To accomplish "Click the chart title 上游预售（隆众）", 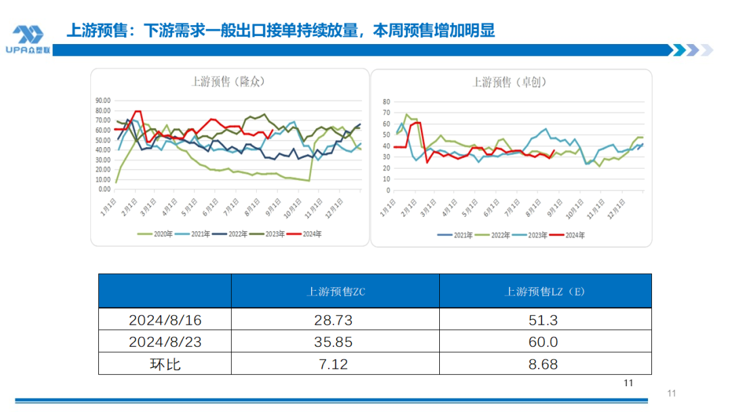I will (228, 81).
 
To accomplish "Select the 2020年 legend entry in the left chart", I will (157, 234).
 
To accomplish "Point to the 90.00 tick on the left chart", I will (102, 100).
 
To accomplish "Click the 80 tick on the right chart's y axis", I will (387, 102).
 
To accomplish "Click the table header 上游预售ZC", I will (335, 291).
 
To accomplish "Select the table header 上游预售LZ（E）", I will (545, 291).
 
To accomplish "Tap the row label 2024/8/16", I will (165, 320).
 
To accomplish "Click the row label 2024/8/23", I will (165, 342).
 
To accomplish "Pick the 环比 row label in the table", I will (165, 364).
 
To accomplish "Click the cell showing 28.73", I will (335, 320).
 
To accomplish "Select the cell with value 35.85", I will (335, 342).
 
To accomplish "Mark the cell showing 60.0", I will (545, 342).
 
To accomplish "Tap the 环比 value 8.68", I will (545, 364).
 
